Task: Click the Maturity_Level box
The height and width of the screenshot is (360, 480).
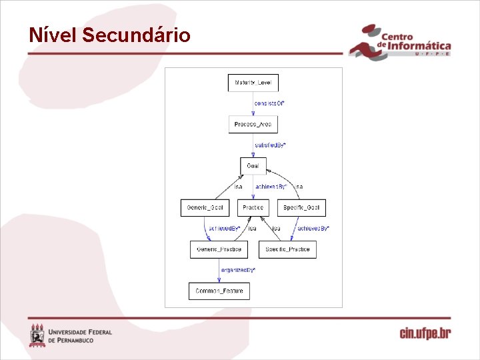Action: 253,83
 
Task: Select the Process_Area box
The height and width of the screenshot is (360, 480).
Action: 253,124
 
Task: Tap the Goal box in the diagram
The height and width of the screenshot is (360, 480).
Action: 253,166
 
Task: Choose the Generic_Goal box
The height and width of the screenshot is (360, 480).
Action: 205,208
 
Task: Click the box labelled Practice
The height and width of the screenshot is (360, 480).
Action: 253,208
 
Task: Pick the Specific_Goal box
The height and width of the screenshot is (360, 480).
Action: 301,208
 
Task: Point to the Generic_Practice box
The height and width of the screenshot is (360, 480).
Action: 219,249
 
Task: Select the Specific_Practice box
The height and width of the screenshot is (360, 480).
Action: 287,249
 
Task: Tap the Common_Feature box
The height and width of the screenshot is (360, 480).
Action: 219,291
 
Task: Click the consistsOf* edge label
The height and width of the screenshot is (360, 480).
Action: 269,103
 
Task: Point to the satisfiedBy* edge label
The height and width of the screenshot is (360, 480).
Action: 271,145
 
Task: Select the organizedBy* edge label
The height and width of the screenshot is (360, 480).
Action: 237,270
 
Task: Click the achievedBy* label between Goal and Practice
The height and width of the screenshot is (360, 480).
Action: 271,187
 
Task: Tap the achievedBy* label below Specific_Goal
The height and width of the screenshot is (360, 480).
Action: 313,229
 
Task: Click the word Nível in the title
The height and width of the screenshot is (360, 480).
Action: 53,35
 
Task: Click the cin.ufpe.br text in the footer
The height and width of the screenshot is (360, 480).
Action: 425,333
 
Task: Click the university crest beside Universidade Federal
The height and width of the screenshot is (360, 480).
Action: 37,335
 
